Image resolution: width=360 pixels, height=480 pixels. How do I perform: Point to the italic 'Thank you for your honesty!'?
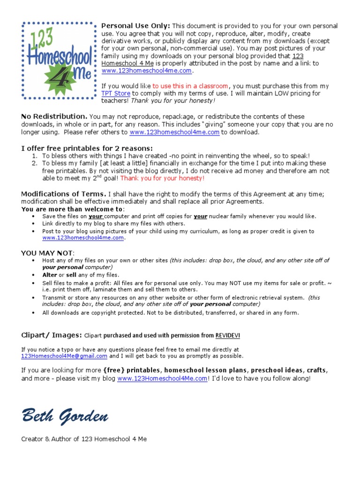pyautogui.click(x=173, y=100)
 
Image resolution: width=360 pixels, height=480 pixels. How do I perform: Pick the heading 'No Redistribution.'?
pyautogui.click(x=54, y=116)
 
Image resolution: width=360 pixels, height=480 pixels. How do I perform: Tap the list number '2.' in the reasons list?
pyautogui.click(x=35, y=163)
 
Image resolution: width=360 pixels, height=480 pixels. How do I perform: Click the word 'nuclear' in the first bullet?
pyautogui.click(x=218, y=216)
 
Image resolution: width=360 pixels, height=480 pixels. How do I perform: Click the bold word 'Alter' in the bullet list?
pyautogui.click(x=50, y=275)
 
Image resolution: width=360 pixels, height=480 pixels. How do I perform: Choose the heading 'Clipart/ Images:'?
pyautogui.click(x=51, y=335)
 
